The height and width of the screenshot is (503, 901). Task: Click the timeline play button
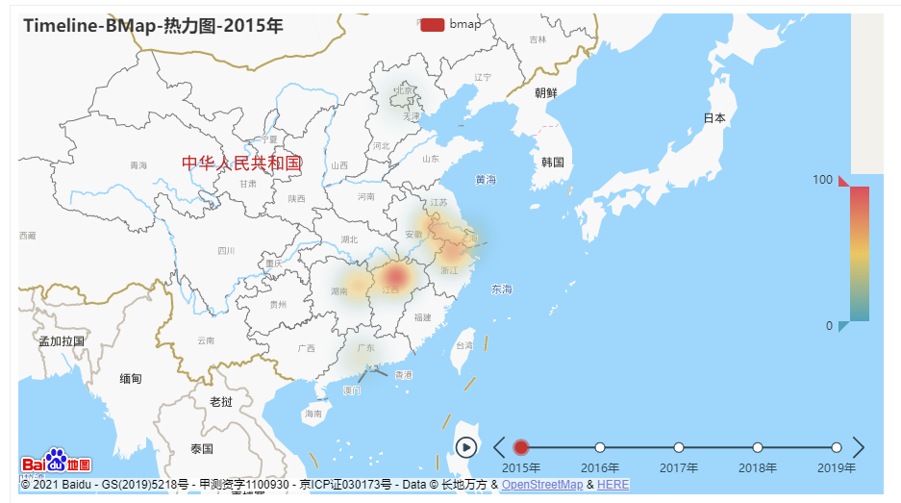coord(466,447)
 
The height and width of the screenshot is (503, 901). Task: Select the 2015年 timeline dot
coord(521,447)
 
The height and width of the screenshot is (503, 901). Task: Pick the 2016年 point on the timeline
coord(600,447)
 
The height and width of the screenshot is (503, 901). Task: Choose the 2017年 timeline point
coord(679,447)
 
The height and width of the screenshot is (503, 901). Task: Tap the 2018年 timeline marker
coord(758,447)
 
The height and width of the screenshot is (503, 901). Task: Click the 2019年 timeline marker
coord(837,447)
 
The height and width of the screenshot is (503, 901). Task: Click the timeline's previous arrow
coord(499,447)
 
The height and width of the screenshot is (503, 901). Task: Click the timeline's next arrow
coord(859,447)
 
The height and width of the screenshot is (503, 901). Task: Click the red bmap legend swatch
coord(433,24)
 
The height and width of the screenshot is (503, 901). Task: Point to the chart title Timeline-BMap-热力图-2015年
coord(153,26)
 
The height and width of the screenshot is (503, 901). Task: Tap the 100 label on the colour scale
coord(822,180)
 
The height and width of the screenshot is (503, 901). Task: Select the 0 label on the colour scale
coord(829,326)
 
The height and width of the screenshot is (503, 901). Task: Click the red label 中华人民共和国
coord(242,163)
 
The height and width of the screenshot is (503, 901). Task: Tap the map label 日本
coord(714,118)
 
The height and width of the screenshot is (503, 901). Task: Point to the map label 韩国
coord(553,162)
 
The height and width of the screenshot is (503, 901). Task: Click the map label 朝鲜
coord(546,93)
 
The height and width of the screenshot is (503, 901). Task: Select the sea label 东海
coord(502,289)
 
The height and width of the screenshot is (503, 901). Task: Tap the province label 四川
coord(226,251)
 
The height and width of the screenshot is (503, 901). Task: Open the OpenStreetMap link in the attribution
coord(541,485)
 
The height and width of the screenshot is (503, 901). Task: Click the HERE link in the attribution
coord(613,485)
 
